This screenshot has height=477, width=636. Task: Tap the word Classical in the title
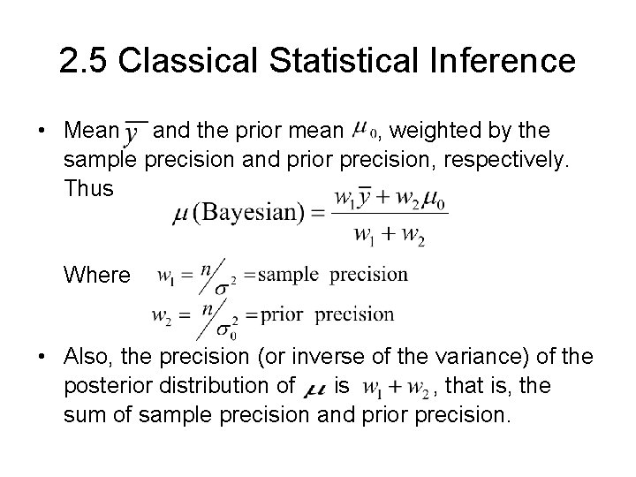(184, 61)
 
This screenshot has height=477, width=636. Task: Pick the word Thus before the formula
(88, 188)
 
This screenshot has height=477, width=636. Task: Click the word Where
(96, 276)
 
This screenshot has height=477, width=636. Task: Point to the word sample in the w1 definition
(288, 274)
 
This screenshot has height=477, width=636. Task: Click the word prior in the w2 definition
(282, 314)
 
